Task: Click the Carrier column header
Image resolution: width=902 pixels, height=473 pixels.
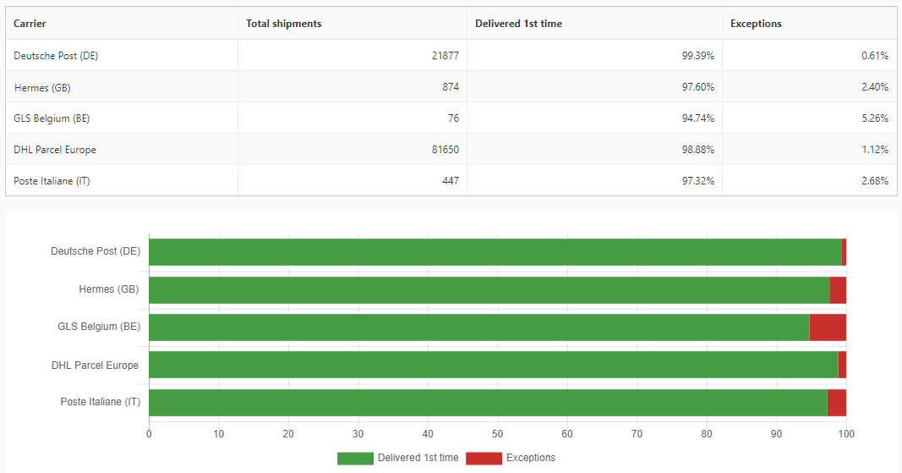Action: click(30, 24)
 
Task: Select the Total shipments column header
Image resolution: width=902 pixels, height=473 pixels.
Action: click(284, 24)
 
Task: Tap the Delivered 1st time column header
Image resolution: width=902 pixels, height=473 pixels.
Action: click(518, 24)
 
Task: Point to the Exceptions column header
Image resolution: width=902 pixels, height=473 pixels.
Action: click(756, 24)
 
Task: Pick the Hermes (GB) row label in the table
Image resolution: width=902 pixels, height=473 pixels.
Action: click(42, 87)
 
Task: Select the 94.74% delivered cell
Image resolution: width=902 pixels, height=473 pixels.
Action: click(698, 118)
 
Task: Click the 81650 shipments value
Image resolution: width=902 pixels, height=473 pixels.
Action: click(445, 150)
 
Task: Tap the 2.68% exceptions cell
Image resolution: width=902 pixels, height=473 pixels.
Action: click(875, 181)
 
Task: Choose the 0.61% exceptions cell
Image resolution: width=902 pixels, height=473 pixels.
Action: click(875, 56)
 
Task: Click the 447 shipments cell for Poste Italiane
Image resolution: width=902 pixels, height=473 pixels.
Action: click(450, 181)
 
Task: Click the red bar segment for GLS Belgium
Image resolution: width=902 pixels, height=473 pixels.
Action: click(828, 327)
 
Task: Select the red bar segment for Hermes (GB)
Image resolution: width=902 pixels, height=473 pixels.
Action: click(838, 290)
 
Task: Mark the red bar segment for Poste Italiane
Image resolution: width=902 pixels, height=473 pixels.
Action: click(837, 403)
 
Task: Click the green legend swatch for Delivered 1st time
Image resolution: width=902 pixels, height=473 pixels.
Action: click(355, 458)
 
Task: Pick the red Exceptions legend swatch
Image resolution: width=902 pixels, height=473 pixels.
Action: click(484, 458)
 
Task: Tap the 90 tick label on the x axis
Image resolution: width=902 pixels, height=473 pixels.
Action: click(776, 434)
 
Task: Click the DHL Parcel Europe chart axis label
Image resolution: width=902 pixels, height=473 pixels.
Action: click(95, 366)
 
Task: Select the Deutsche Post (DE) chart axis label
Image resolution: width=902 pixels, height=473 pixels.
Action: click(96, 251)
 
